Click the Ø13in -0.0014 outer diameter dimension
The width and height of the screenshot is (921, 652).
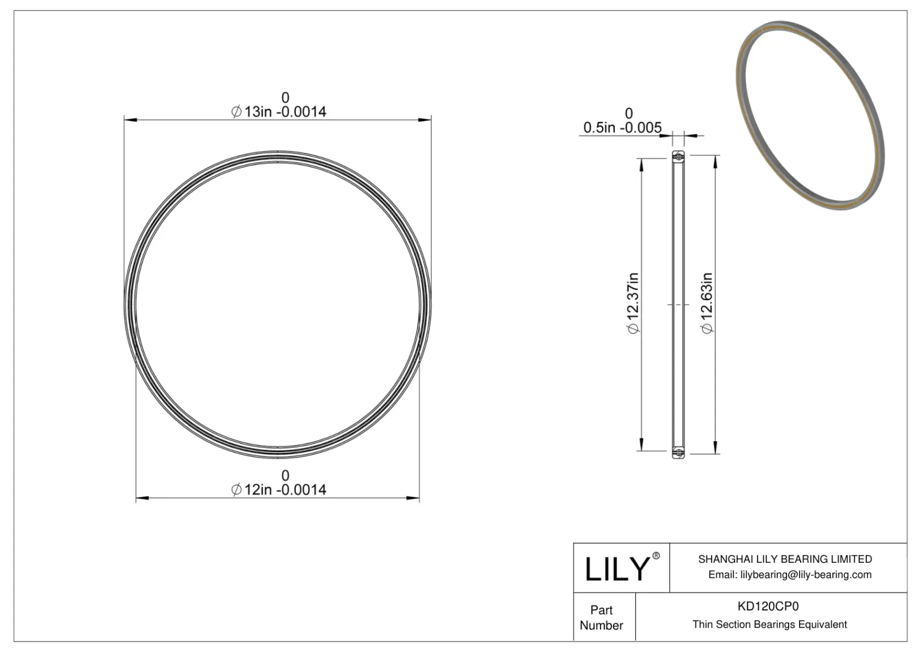(279, 112)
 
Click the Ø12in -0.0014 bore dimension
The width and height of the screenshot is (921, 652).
(279, 490)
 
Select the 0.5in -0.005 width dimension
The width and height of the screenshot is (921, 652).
(622, 127)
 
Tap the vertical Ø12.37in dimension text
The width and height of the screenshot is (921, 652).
(633, 303)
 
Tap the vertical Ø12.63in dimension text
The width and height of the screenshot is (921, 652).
(707, 303)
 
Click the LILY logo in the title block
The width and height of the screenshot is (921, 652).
(617, 569)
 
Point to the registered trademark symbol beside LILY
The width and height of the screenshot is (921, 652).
(656, 556)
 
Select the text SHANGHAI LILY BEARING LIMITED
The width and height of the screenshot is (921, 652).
(785, 559)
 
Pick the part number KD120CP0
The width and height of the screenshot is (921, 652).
(768, 606)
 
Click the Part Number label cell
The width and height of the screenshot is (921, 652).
(602, 617)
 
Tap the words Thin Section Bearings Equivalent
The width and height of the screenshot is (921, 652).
(770, 624)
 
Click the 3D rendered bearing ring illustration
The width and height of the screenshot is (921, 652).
(809, 115)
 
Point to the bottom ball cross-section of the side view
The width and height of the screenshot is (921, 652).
(678, 453)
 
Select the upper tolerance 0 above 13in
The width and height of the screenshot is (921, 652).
(285, 98)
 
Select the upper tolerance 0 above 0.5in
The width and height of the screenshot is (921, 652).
(629, 113)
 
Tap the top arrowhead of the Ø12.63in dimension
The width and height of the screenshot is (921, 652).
(715, 161)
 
